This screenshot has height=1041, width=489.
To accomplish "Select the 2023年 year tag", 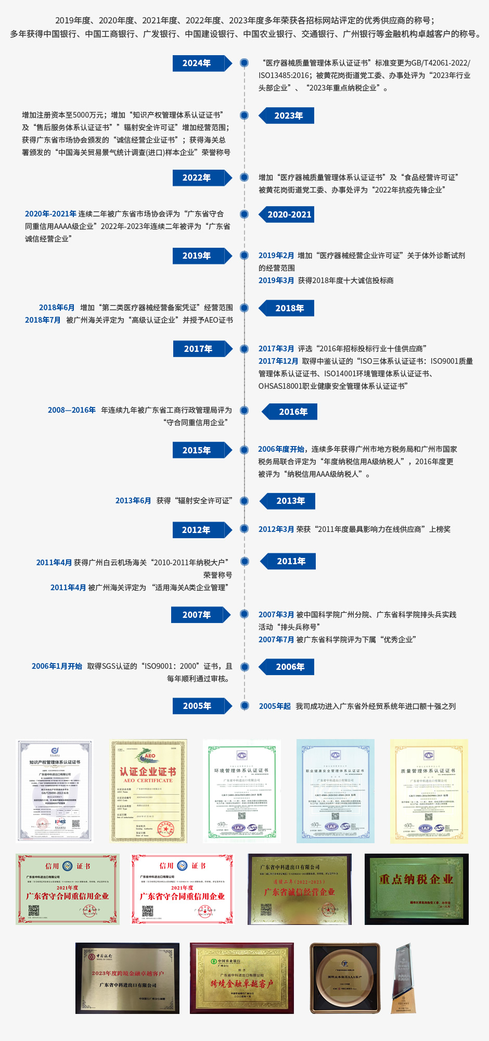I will (x=289, y=116).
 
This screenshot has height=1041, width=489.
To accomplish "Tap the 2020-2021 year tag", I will (x=289, y=214).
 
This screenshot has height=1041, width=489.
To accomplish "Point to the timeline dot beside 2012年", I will (x=244, y=529).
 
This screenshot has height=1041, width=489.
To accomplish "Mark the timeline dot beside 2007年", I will (x=244, y=614).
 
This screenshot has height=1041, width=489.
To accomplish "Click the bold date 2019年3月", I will (x=276, y=281).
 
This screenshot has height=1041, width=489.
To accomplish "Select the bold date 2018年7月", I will (x=43, y=320).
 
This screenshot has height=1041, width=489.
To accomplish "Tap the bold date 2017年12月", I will (x=278, y=361).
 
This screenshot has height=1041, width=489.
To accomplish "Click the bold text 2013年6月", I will (x=133, y=501).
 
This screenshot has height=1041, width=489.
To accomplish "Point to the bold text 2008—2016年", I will (x=72, y=410).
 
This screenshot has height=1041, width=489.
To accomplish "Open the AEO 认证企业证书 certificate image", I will (x=149, y=791).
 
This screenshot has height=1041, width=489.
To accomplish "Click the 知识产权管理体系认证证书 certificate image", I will (x=55, y=791).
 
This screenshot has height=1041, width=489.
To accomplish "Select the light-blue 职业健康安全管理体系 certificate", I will (x=336, y=791).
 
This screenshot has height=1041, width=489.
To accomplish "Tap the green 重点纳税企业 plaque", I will (x=416, y=889).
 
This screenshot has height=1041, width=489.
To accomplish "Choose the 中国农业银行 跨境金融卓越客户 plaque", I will (x=242, y=978).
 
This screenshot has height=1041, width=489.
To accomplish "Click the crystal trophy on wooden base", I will (x=404, y=978).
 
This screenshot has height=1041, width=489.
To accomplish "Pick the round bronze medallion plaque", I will (x=345, y=978).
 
